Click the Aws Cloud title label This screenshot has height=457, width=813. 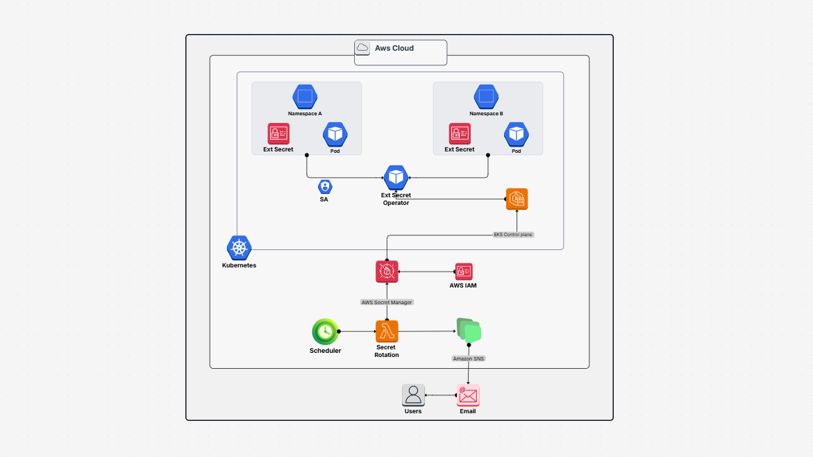click(x=394, y=49)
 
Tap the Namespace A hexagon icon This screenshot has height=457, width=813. click(x=305, y=97)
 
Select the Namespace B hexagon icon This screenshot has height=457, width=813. click(x=486, y=97)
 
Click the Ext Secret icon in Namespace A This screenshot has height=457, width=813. click(x=278, y=133)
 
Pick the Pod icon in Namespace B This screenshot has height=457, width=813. click(x=517, y=134)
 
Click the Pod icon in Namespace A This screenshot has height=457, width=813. click(x=335, y=134)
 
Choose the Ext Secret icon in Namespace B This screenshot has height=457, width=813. click(x=460, y=133)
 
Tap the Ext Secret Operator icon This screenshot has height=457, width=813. click(x=396, y=177)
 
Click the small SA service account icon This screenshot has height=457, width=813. click(x=325, y=187)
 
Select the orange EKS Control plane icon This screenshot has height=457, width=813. click(x=517, y=199)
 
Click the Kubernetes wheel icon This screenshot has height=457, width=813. click(x=239, y=248)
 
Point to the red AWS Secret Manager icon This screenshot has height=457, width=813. click(x=387, y=272)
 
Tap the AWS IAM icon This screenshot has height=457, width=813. click(x=463, y=272)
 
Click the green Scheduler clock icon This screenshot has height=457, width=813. click(x=325, y=332)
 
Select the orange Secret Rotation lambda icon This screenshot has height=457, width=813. click(x=387, y=331)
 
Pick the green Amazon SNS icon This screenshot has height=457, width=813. click(x=469, y=331)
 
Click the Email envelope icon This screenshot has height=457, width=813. click(x=468, y=395)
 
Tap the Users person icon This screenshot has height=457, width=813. click(x=413, y=395)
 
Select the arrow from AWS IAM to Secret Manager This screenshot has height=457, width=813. click(x=426, y=272)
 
